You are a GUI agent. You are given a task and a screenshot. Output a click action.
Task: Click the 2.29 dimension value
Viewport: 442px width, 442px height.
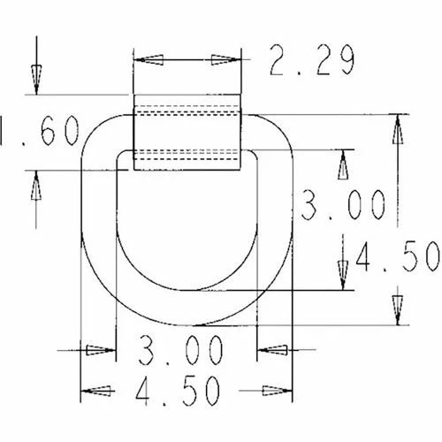click(x=310, y=61)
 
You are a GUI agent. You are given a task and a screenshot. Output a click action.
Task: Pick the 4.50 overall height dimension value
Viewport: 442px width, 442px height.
click(x=398, y=257)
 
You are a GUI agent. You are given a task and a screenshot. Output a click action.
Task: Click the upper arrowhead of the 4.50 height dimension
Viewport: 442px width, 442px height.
click(x=396, y=128)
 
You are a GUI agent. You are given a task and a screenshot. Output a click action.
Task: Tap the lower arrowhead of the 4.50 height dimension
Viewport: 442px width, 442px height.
click(x=396, y=310)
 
